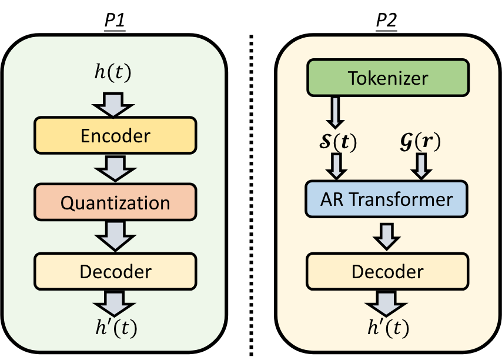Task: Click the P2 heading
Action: click(386, 22)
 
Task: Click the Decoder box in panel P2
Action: click(387, 271)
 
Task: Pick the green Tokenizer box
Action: click(387, 77)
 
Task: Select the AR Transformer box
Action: click(387, 199)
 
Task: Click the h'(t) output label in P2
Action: click(387, 326)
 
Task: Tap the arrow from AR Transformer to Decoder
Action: click(387, 235)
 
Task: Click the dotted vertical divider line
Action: click(252, 194)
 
